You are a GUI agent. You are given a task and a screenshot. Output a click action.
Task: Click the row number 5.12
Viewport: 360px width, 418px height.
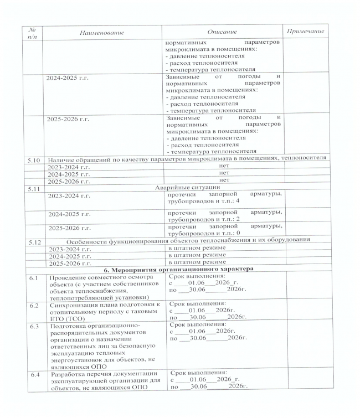pyautogui.click(x=35, y=241)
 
